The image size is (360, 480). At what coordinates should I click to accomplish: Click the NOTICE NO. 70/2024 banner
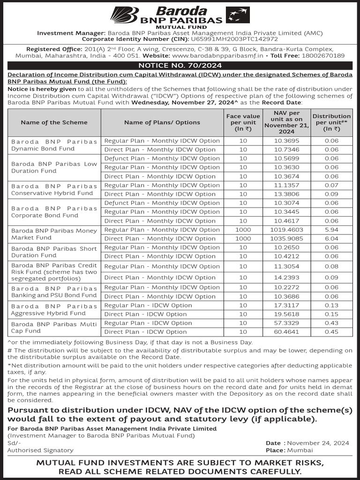pos(180,66)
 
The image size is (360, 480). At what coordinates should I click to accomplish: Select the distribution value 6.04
pos(331,239)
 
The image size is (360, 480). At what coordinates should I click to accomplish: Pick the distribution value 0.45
pos(331,332)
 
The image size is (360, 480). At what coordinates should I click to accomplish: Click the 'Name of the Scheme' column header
pos(54,122)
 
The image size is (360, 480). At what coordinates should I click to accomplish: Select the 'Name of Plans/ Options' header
pos(162,122)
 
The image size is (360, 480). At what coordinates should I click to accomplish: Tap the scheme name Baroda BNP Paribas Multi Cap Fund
pos(54,327)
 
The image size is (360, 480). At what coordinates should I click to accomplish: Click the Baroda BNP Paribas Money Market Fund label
pos(54,234)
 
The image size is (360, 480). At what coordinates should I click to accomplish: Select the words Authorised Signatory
pos(40,450)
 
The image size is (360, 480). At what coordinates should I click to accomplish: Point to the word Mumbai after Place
pos(300,450)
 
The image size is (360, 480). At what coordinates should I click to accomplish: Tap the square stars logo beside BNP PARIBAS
pos(238,15)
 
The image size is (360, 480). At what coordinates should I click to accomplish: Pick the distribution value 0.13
pos(331,305)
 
